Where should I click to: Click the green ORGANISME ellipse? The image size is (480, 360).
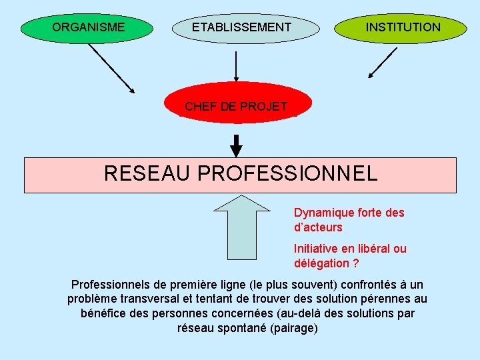point(89,27)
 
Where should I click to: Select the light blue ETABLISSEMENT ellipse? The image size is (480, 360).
point(241,27)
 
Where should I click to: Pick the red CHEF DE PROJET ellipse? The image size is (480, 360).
point(236,106)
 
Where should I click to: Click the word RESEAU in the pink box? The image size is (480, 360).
point(147,174)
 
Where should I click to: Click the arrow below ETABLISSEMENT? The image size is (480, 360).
point(236,69)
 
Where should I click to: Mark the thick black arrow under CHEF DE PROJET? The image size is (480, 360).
point(236,145)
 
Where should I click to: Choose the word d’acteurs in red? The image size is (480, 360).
point(318,227)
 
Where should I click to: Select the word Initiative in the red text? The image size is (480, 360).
point(316,249)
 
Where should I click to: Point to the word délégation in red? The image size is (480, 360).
point(321,263)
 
